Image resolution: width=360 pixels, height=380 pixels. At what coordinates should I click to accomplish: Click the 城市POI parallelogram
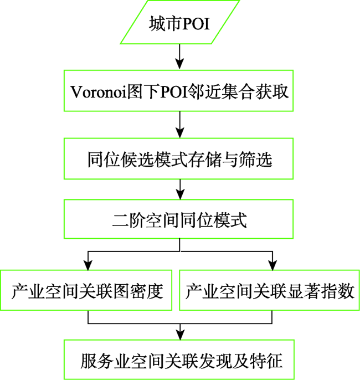[x=180, y=22]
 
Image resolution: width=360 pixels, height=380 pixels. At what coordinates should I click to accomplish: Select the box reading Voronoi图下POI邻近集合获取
[x=178, y=91]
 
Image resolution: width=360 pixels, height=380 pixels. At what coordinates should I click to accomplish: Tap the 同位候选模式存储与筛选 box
[x=178, y=159]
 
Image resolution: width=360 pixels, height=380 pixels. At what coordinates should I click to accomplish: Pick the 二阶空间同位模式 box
[x=178, y=219]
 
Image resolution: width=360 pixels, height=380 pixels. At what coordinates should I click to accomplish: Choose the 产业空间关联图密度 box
[x=86, y=290]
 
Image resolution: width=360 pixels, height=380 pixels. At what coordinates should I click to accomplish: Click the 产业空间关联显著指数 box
[x=269, y=290]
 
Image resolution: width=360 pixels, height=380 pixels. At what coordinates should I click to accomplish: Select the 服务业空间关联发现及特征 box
[x=179, y=360]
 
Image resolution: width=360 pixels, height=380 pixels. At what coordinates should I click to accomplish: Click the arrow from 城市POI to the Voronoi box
[x=180, y=57]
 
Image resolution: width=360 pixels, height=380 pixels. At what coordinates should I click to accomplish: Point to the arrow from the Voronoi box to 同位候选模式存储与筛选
[x=180, y=125]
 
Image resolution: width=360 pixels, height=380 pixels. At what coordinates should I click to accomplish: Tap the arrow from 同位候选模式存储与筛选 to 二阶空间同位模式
[x=180, y=189]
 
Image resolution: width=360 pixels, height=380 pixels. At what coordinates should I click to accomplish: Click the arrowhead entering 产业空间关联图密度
[x=88, y=265]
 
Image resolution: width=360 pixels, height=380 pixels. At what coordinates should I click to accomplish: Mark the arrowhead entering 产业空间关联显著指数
[x=273, y=265]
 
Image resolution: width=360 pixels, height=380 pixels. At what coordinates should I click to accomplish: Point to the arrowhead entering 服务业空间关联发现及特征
[x=180, y=335]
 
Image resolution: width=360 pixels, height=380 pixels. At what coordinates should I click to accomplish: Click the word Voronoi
[x=99, y=92]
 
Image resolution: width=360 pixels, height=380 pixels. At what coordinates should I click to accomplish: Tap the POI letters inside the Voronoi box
[x=174, y=92]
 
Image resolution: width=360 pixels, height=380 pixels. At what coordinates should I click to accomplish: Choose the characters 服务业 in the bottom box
[x=105, y=361]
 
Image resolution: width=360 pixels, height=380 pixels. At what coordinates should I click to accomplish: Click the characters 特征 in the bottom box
[x=266, y=361]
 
